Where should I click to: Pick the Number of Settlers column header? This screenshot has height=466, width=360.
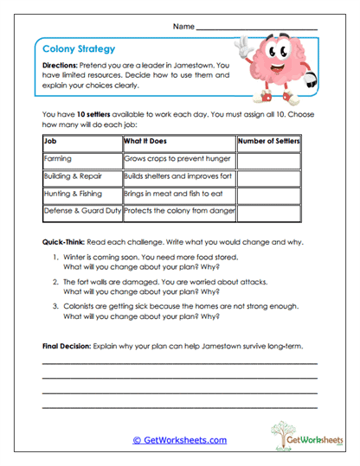(x=267, y=139)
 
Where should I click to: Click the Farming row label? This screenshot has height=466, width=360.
(x=58, y=159)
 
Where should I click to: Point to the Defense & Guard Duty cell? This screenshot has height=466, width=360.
(x=81, y=210)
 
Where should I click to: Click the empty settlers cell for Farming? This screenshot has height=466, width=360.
(x=267, y=160)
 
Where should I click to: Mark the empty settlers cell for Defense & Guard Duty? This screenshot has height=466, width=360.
(x=267, y=210)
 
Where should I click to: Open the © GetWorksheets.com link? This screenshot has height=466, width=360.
(x=180, y=440)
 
